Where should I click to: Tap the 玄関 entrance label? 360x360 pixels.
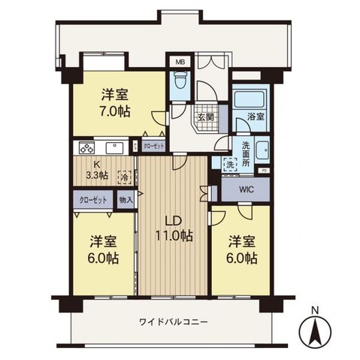coord(206,118)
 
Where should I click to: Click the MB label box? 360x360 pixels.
coord(180,62)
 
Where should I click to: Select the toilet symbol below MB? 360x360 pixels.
coord(180,81)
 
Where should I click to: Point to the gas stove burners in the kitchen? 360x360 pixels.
coord(85,147)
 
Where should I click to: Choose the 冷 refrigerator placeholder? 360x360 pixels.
coord(123,177)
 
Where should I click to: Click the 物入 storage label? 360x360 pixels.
coord(126,201)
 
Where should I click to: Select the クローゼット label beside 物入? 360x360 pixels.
coord(93,201)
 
